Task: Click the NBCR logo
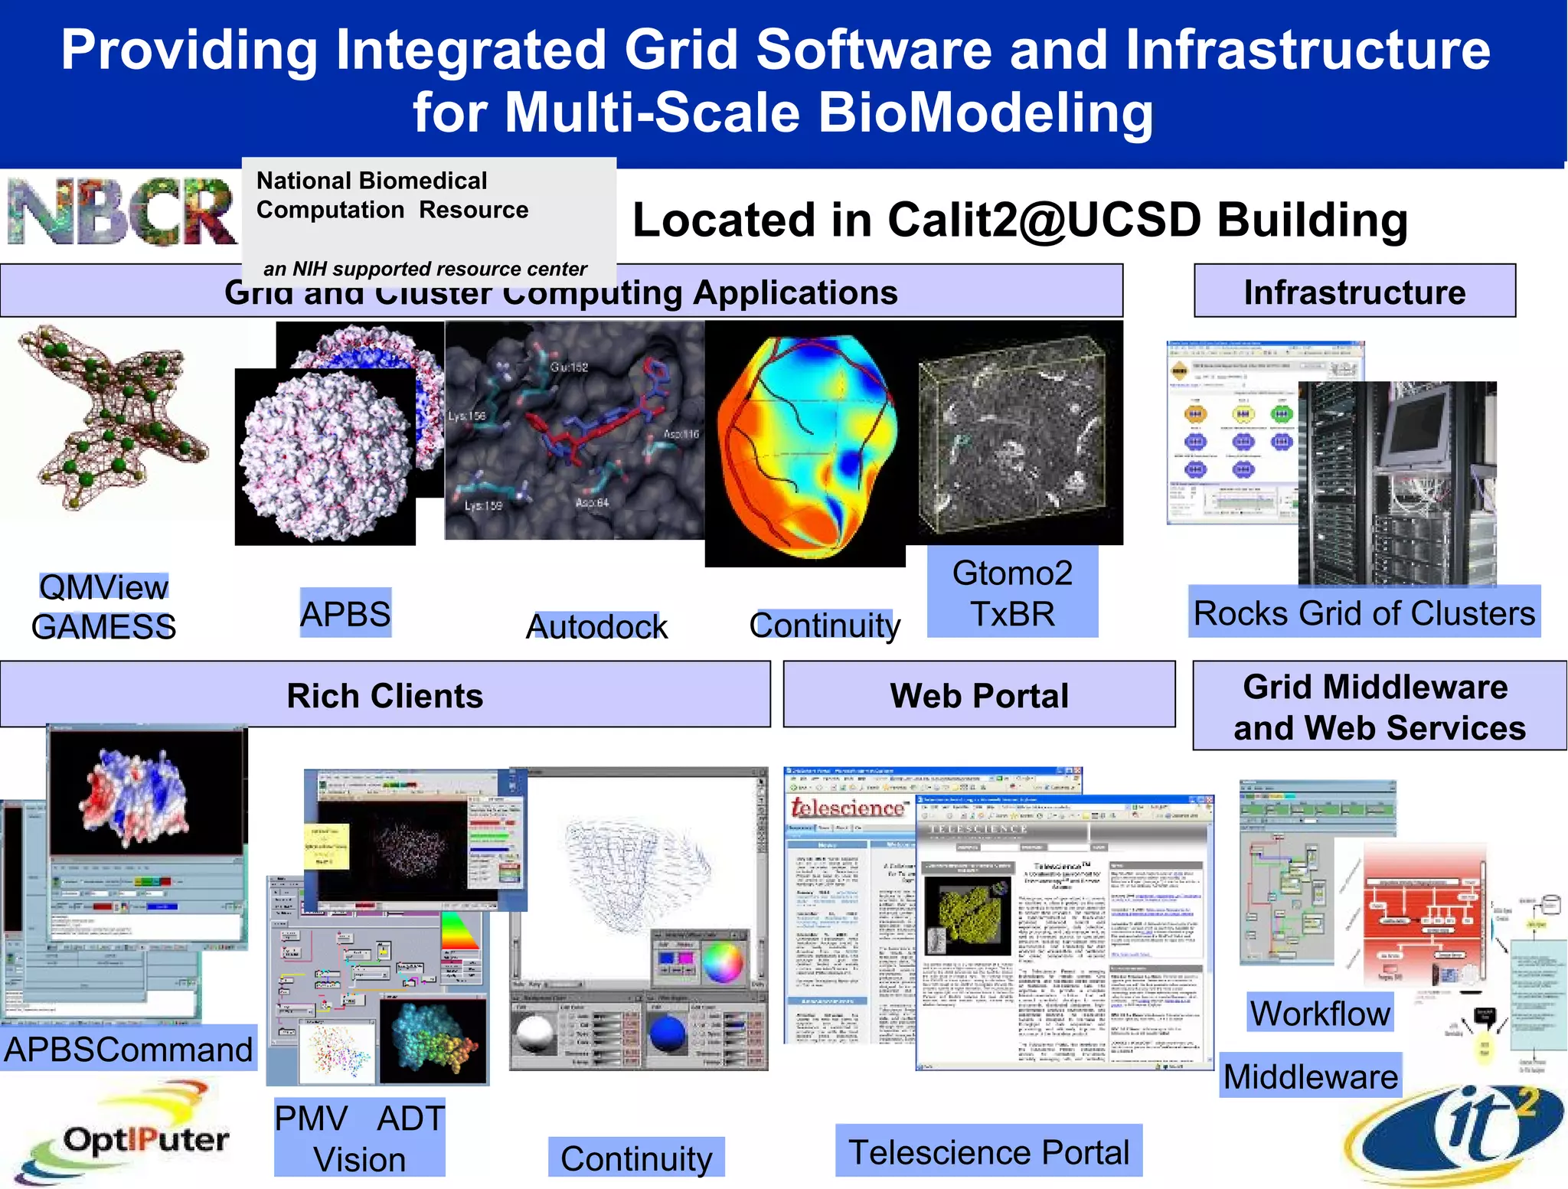point(121,212)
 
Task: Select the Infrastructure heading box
point(1354,292)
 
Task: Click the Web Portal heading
point(978,695)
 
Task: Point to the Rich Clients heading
point(384,695)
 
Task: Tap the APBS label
point(345,614)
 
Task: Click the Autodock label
point(596,626)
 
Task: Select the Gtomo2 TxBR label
point(1012,593)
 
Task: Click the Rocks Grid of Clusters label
point(1364,612)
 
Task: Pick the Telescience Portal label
point(988,1151)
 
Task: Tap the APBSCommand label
point(128,1049)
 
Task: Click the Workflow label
point(1320,1013)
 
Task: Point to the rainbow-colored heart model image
point(805,444)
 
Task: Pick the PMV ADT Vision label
point(359,1138)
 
